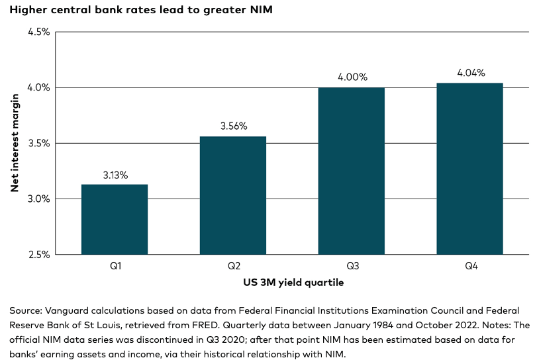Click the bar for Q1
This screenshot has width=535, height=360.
(x=115, y=219)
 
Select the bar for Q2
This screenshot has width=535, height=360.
(x=233, y=195)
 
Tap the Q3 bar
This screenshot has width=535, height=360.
(x=351, y=171)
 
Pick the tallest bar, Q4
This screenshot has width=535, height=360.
(x=469, y=169)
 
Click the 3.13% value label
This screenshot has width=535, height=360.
(x=115, y=175)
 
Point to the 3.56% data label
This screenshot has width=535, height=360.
(x=233, y=126)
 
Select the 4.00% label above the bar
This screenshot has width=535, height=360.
(x=351, y=77)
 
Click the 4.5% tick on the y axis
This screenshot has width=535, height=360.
(x=38, y=32)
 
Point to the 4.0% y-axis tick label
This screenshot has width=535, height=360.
(x=38, y=87)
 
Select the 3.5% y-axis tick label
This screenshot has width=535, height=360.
(x=38, y=143)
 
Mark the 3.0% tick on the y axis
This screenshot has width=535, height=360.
(x=38, y=199)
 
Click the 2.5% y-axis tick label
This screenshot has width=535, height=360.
(x=38, y=254)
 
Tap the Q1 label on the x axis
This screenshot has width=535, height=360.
(x=115, y=267)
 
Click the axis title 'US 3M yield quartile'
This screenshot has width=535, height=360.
(x=293, y=283)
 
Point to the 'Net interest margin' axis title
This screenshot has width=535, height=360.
(x=15, y=143)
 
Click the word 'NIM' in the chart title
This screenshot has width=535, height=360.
(x=260, y=10)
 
